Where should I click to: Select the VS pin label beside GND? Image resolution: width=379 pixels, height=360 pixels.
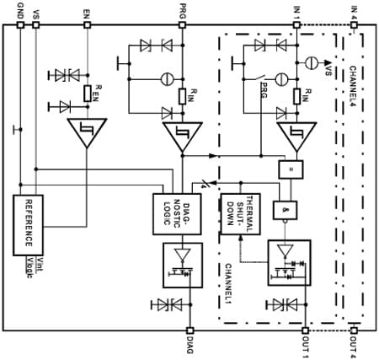point(35,11)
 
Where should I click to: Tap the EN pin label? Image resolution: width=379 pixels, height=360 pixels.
point(88,11)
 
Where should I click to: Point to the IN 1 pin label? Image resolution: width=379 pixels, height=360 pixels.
point(296,9)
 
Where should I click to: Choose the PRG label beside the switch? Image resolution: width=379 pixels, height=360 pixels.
point(264,85)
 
